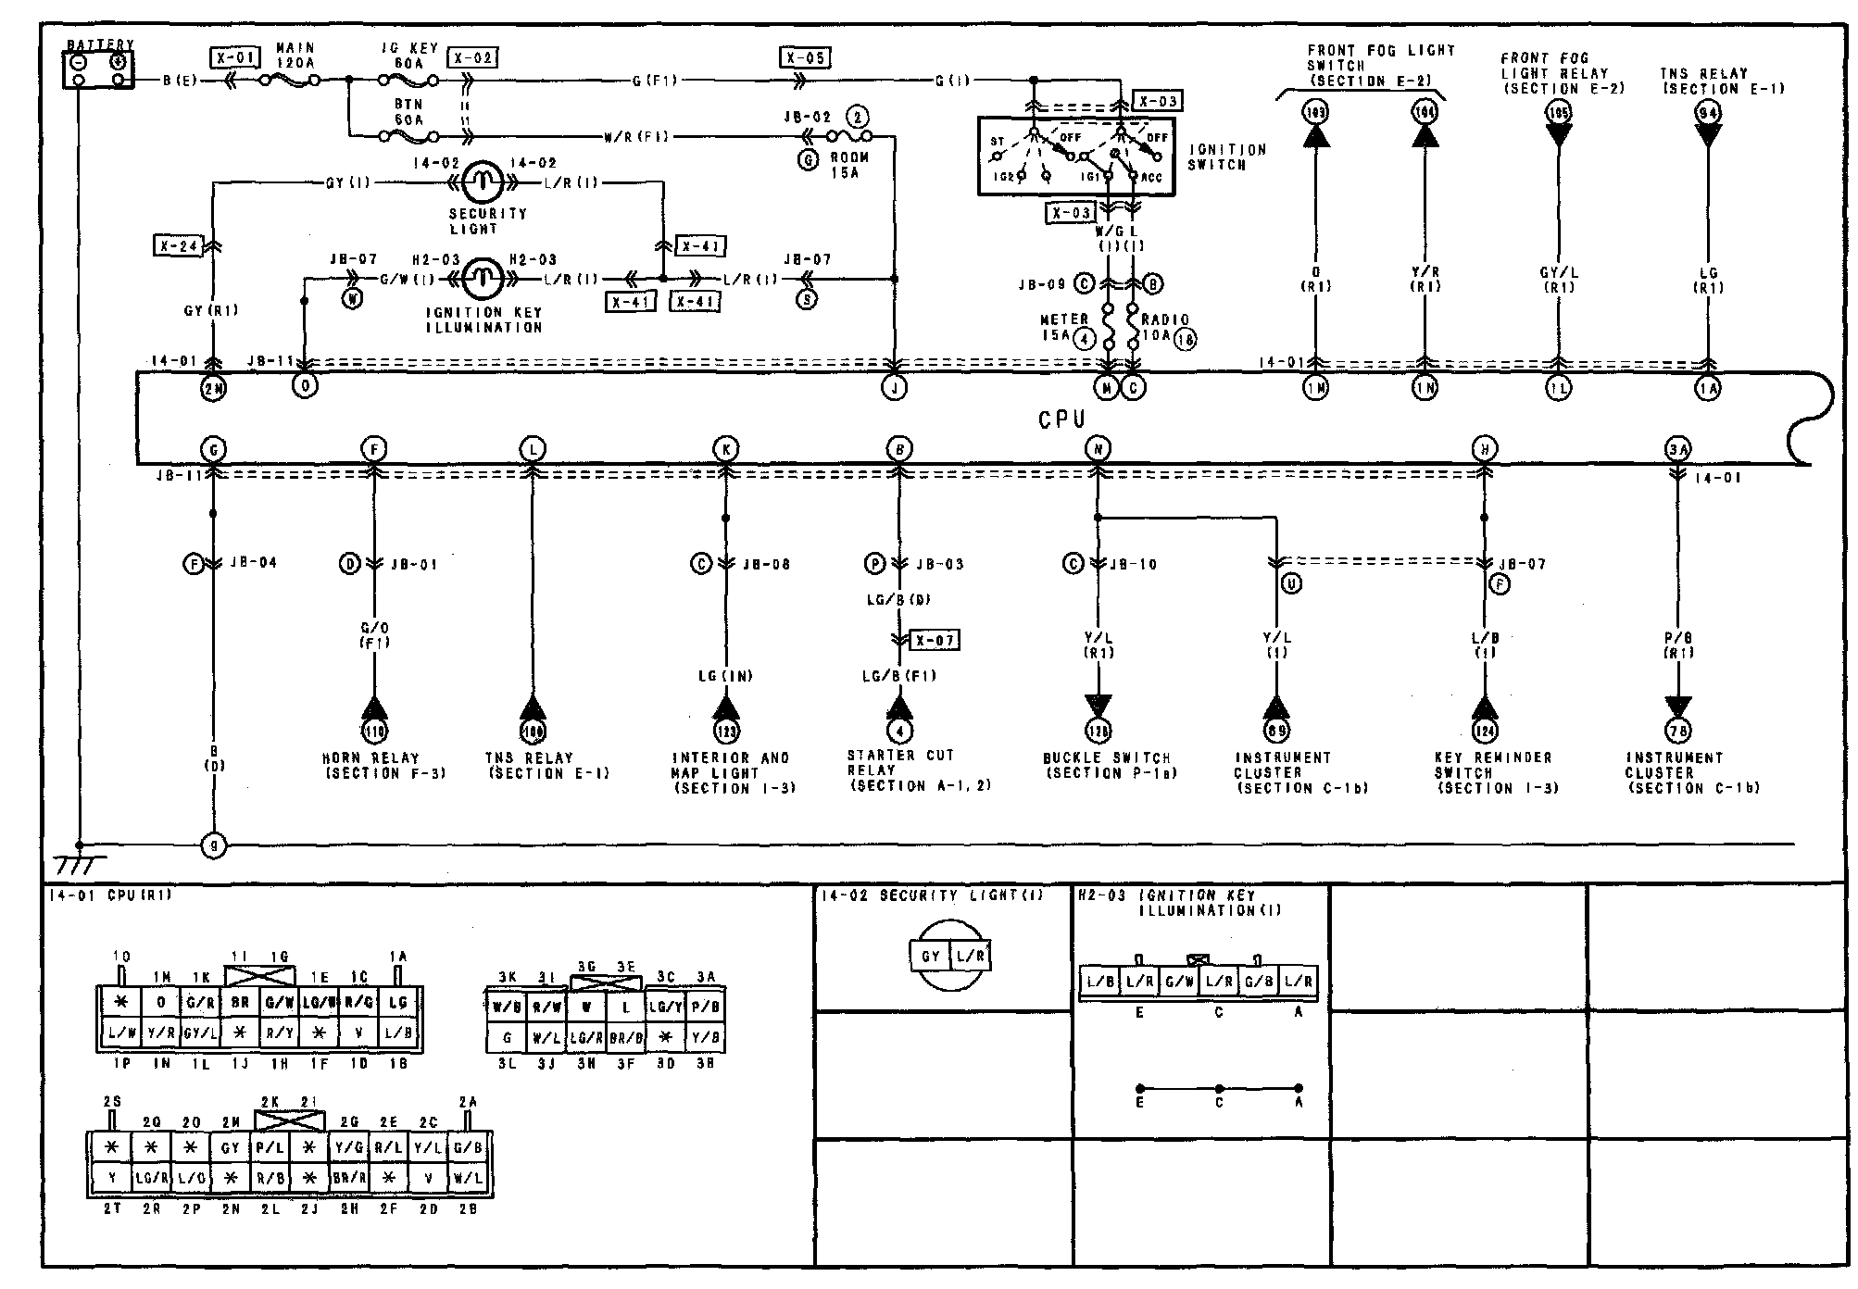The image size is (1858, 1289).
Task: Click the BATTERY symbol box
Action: coord(98,69)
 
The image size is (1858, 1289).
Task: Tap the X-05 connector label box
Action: coord(804,57)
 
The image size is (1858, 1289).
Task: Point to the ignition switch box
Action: coord(1075,156)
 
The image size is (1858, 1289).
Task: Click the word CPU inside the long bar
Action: coord(1061,419)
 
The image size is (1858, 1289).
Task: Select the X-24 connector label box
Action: coord(177,246)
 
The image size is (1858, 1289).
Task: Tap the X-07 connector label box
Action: coord(934,641)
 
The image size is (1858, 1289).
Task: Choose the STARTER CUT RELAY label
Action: coord(899,770)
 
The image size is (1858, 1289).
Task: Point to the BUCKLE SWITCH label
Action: coord(1107,765)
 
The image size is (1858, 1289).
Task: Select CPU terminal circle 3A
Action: coord(1677,450)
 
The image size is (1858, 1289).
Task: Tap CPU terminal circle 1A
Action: coord(1708,389)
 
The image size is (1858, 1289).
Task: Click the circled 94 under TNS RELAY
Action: coord(1708,113)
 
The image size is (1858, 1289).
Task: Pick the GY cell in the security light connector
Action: coord(931,957)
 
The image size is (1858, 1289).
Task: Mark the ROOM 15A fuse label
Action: coord(848,164)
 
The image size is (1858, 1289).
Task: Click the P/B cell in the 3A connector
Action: coord(707,1005)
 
